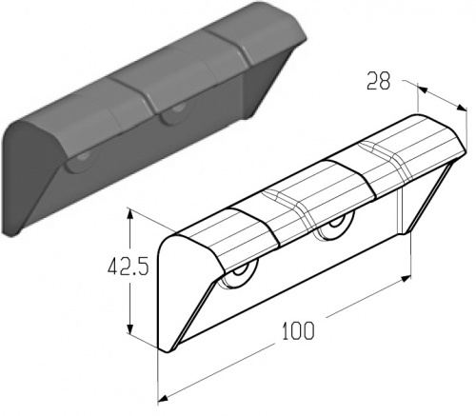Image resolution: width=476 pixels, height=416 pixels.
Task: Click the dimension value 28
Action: tap(378, 81)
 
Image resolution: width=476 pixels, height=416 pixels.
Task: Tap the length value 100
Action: tap(298, 330)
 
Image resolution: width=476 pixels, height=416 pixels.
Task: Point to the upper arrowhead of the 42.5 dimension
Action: tap(129, 215)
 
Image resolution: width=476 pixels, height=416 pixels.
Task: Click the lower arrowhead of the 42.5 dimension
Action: tap(129, 327)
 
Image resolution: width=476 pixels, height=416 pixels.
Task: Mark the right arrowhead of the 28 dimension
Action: tap(462, 108)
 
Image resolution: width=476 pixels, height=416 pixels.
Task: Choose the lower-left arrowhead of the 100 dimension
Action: tap(163, 397)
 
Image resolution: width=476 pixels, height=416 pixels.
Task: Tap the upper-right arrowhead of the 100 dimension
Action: tap(406, 279)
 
